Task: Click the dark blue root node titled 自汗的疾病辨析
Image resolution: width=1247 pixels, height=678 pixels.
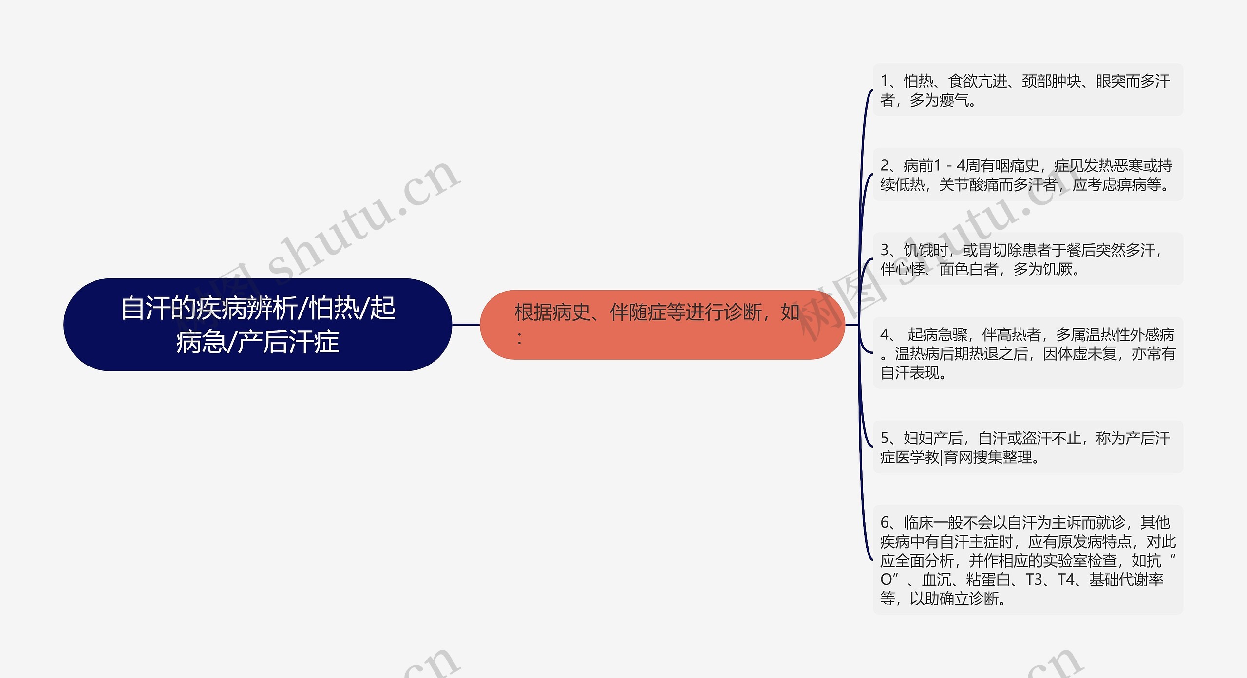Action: pos(257,324)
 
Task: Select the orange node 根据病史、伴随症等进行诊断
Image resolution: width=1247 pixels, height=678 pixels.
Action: pos(661,324)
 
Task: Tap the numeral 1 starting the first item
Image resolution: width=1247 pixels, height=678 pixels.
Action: pos(885,81)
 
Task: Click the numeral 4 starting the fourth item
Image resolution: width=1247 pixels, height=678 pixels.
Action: pos(885,335)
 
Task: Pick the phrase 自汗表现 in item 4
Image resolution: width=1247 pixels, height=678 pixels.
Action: pos(910,373)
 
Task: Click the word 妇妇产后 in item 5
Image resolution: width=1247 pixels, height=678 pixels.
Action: pos(933,439)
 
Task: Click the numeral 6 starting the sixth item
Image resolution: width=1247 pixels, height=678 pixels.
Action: pos(885,523)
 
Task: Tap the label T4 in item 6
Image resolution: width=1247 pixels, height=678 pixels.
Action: pos(1067,580)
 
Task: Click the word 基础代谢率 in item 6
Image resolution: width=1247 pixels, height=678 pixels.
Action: pos(1126,580)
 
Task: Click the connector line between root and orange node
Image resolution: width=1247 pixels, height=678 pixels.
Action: pos(466,324)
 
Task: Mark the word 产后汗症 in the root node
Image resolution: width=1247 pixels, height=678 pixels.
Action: pos(288,342)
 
